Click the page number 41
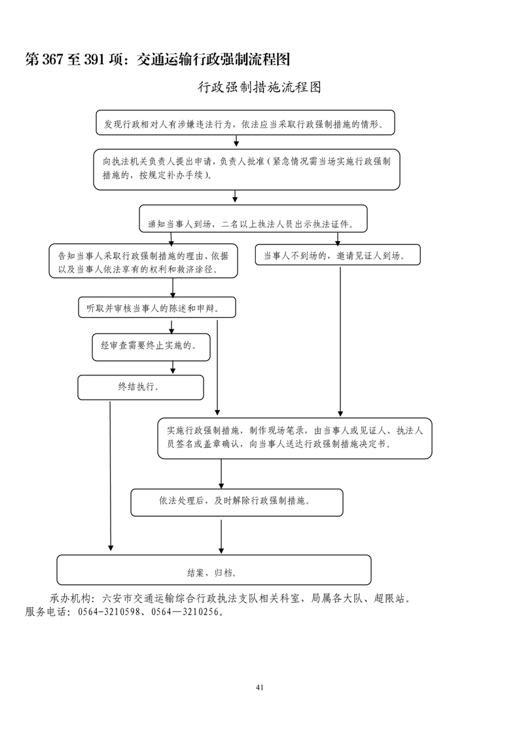pyautogui.click(x=260, y=687)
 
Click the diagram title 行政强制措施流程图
pyautogui.click(x=259, y=87)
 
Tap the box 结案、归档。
pyautogui.click(x=213, y=570)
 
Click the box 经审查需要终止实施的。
pyautogui.click(x=151, y=345)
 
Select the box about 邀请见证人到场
pyautogui.click(x=338, y=255)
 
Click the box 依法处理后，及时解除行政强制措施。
pyautogui.click(x=237, y=502)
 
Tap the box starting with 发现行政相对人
pyautogui.click(x=245, y=122)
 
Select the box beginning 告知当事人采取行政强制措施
pyautogui.click(x=143, y=261)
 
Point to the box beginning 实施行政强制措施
pyautogui.click(x=295, y=438)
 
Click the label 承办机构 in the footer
pyautogui.click(x=69, y=599)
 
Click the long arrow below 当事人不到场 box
pyautogui.click(x=340, y=341)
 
